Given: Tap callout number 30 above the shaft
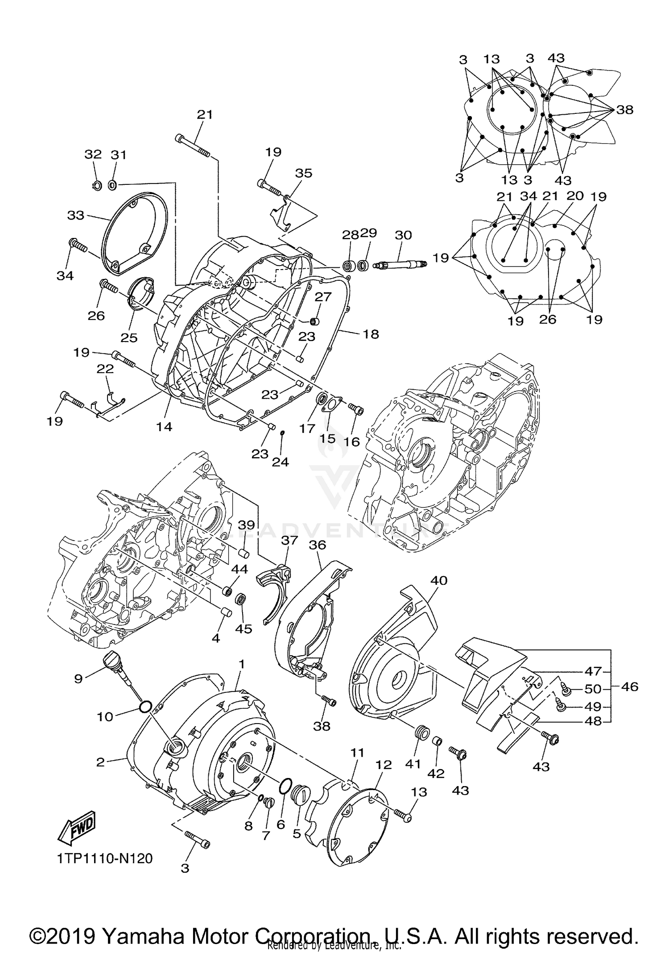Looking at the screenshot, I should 403,235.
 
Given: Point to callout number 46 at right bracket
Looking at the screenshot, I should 629,687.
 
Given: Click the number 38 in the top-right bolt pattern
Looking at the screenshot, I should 624,109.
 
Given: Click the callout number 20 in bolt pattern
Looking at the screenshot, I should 575,196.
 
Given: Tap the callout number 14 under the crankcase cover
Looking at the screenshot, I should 164,427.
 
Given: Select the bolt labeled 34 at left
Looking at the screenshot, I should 78,246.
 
